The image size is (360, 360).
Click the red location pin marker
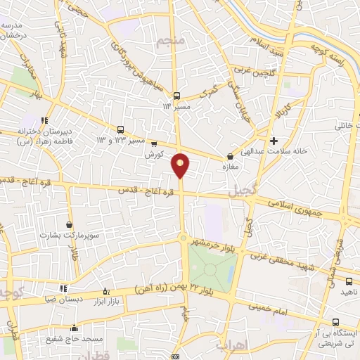pyautogui.click(x=181, y=164)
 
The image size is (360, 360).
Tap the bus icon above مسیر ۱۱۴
pyautogui.click(x=176, y=96)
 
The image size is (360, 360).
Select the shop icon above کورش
pyautogui.click(x=154, y=143)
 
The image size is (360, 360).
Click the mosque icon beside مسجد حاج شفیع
pyautogui.click(x=74, y=327)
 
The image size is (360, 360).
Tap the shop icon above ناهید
pyautogui.click(x=349, y=281)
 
